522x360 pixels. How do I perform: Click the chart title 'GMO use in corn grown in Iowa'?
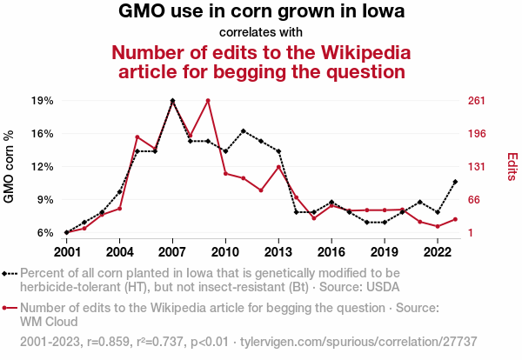click(261, 13)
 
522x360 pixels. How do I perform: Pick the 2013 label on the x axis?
click(278, 252)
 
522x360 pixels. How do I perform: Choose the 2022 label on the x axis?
click(438, 252)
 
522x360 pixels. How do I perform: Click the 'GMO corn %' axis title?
click(10, 167)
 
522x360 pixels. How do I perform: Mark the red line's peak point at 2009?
click(208, 101)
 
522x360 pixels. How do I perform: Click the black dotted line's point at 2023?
click(455, 182)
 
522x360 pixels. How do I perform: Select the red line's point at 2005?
click(137, 137)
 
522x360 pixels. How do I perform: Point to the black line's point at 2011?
click(244, 131)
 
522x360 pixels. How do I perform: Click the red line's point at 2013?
click(278, 167)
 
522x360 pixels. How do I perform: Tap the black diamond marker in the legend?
click(7, 272)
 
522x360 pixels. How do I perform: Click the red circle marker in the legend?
click(7, 308)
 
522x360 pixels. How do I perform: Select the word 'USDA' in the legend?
click(382, 285)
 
